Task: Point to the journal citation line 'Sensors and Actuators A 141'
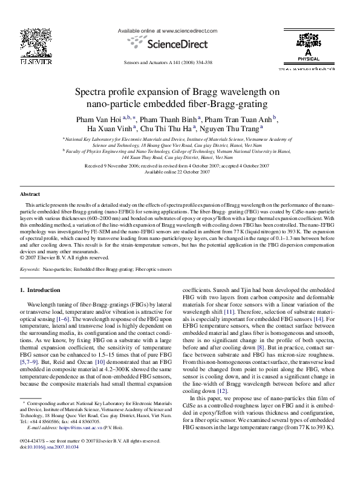[x=167, y=62]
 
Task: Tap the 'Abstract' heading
[x=30, y=194]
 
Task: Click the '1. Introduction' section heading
[x=41, y=290]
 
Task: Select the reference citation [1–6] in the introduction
[x=64, y=318]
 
